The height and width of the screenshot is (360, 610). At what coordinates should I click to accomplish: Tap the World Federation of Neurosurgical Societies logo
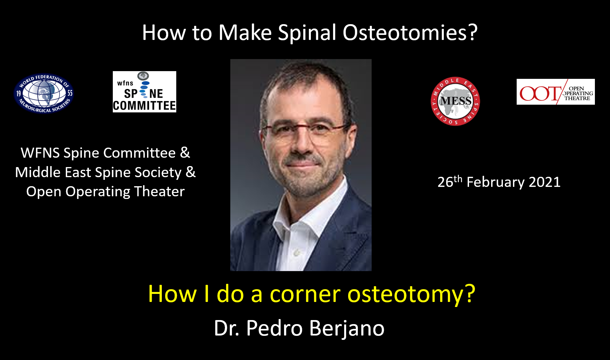[x=44, y=93]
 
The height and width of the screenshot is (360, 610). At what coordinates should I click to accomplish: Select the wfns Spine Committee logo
[x=144, y=92]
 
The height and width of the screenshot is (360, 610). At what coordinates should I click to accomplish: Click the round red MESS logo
[x=455, y=101]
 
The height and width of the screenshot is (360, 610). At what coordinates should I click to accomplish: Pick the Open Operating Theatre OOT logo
[x=556, y=92]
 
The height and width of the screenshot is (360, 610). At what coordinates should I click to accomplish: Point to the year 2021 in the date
[x=545, y=182]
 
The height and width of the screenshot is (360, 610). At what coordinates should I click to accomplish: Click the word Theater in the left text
[x=159, y=192]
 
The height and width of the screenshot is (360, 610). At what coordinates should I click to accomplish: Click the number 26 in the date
[x=445, y=183]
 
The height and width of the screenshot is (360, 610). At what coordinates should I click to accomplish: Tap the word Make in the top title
[x=245, y=33]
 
